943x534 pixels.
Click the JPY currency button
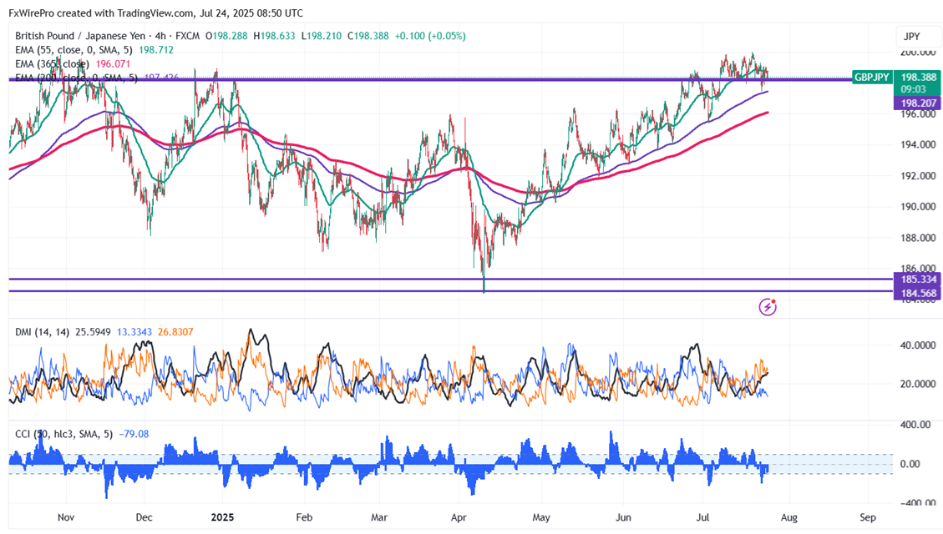point(911,37)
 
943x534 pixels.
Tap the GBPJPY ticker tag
point(872,77)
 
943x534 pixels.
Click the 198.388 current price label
point(918,77)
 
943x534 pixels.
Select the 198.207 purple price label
point(917,103)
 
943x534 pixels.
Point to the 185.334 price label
point(917,279)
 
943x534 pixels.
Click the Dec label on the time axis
point(144,517)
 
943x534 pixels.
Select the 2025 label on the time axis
point(222,517)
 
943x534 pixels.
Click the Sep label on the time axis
point(869,517)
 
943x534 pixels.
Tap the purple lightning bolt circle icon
point(767,308)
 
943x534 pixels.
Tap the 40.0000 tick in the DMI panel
point(916,345)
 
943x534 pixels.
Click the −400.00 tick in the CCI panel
point(916,503)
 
